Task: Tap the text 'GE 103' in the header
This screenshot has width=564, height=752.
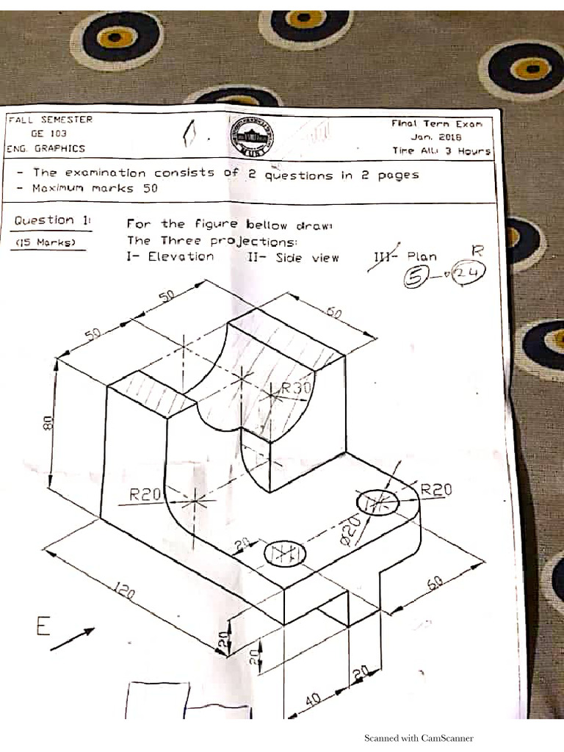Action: coord(48,134)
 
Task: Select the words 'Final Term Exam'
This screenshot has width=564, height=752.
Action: coord(437,124)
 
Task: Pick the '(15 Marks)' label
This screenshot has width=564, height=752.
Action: coord(46,242)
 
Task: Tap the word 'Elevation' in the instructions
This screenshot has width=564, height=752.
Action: coord(181,256)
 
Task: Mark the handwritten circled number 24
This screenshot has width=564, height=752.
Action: coord(463,275)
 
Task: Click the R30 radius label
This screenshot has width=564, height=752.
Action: coord(296,388)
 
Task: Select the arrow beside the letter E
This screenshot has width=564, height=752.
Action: coord(73,638)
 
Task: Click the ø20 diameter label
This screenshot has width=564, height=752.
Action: coord(351,529)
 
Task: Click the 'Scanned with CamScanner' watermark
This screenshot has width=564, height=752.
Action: coord(419,738)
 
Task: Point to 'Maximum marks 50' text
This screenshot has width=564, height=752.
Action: coord(95,188)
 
